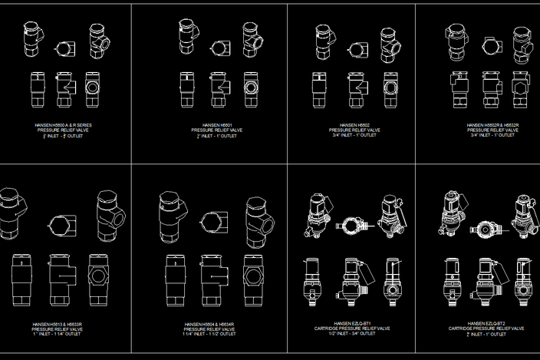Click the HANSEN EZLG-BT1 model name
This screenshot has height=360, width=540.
[x=354, y=324]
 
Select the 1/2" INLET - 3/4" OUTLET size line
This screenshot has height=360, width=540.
[x=354, y=334]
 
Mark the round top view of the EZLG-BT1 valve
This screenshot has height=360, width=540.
[x=354, y=227]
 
